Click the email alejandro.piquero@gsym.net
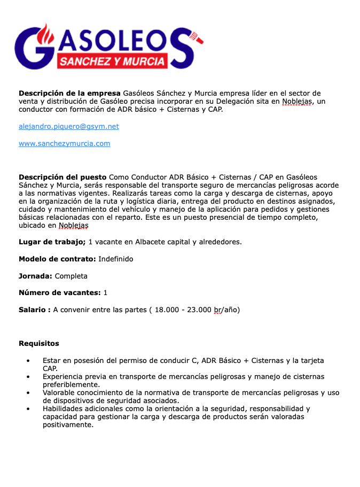[68, 127]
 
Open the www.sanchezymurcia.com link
[64, 143]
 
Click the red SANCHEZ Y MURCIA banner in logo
[112, 61]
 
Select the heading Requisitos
[39, 343]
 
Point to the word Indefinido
[116, 259]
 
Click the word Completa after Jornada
[71, 276]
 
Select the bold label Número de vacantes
[59, 292]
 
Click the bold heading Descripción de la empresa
[69, 93]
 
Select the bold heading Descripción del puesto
[62, 177]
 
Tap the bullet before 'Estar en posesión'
[28, 361]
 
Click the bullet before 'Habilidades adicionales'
[28, 409]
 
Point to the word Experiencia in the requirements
[63, 377]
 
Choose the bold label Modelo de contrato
[57, 259]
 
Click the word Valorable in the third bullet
[60, 393]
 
